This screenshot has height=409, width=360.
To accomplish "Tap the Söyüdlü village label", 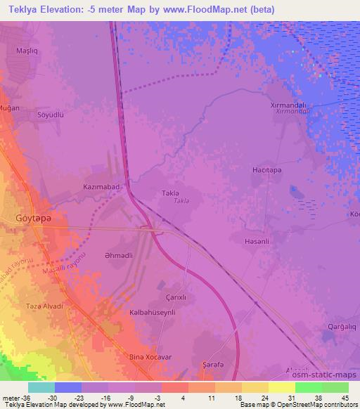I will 51,114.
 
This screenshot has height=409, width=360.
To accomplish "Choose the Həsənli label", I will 257,240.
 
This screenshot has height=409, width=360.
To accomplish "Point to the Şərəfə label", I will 213,364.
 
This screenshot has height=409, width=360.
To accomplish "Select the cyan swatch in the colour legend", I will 41,387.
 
